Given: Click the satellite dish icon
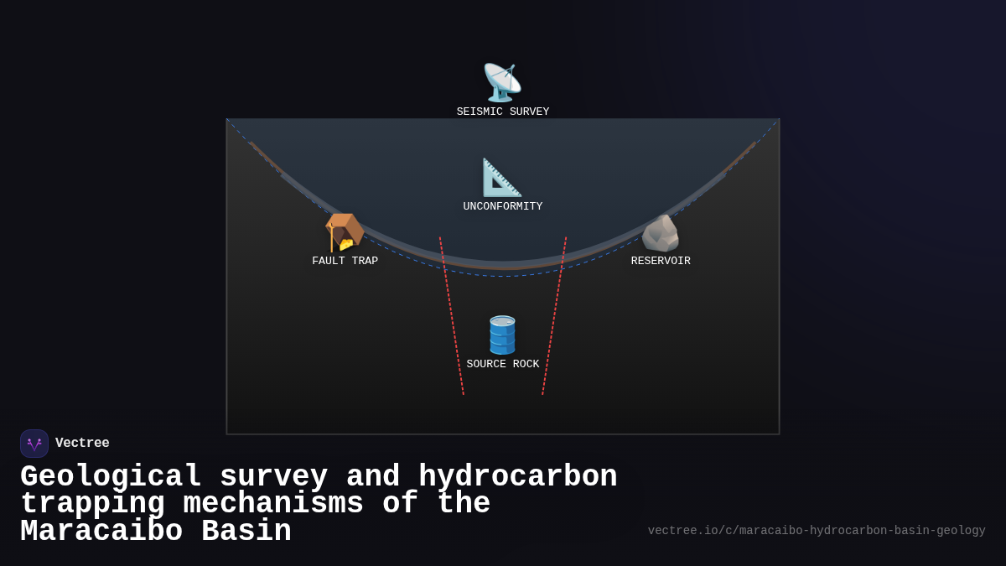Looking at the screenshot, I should coord(502,83).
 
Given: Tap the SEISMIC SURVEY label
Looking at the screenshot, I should coord(503,112).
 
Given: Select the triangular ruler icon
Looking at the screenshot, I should coord(502,178).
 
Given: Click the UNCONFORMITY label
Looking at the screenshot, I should coord(503,207).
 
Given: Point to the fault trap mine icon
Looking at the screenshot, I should coord(344,232).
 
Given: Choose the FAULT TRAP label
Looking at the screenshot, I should coord(345,262).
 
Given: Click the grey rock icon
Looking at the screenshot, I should coord(661,233).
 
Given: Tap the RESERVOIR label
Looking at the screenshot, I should coord(661,262).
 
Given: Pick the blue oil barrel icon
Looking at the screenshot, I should coord(502,335).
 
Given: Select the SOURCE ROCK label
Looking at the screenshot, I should coord(503,365).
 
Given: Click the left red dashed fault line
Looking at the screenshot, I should coord(452,319).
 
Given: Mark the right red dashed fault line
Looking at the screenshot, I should coord(554,319).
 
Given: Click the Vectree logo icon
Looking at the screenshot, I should coord(34,444).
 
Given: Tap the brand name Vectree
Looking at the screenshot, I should coord(82,444).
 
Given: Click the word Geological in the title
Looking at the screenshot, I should coord(111,477).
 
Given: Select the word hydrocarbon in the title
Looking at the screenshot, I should coord(517,477).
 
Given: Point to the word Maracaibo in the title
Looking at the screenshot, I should coord(101,532).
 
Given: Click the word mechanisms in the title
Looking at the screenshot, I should coord(273,504).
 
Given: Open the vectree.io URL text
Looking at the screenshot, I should coord(817,531).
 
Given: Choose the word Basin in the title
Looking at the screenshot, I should coord(246,532).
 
